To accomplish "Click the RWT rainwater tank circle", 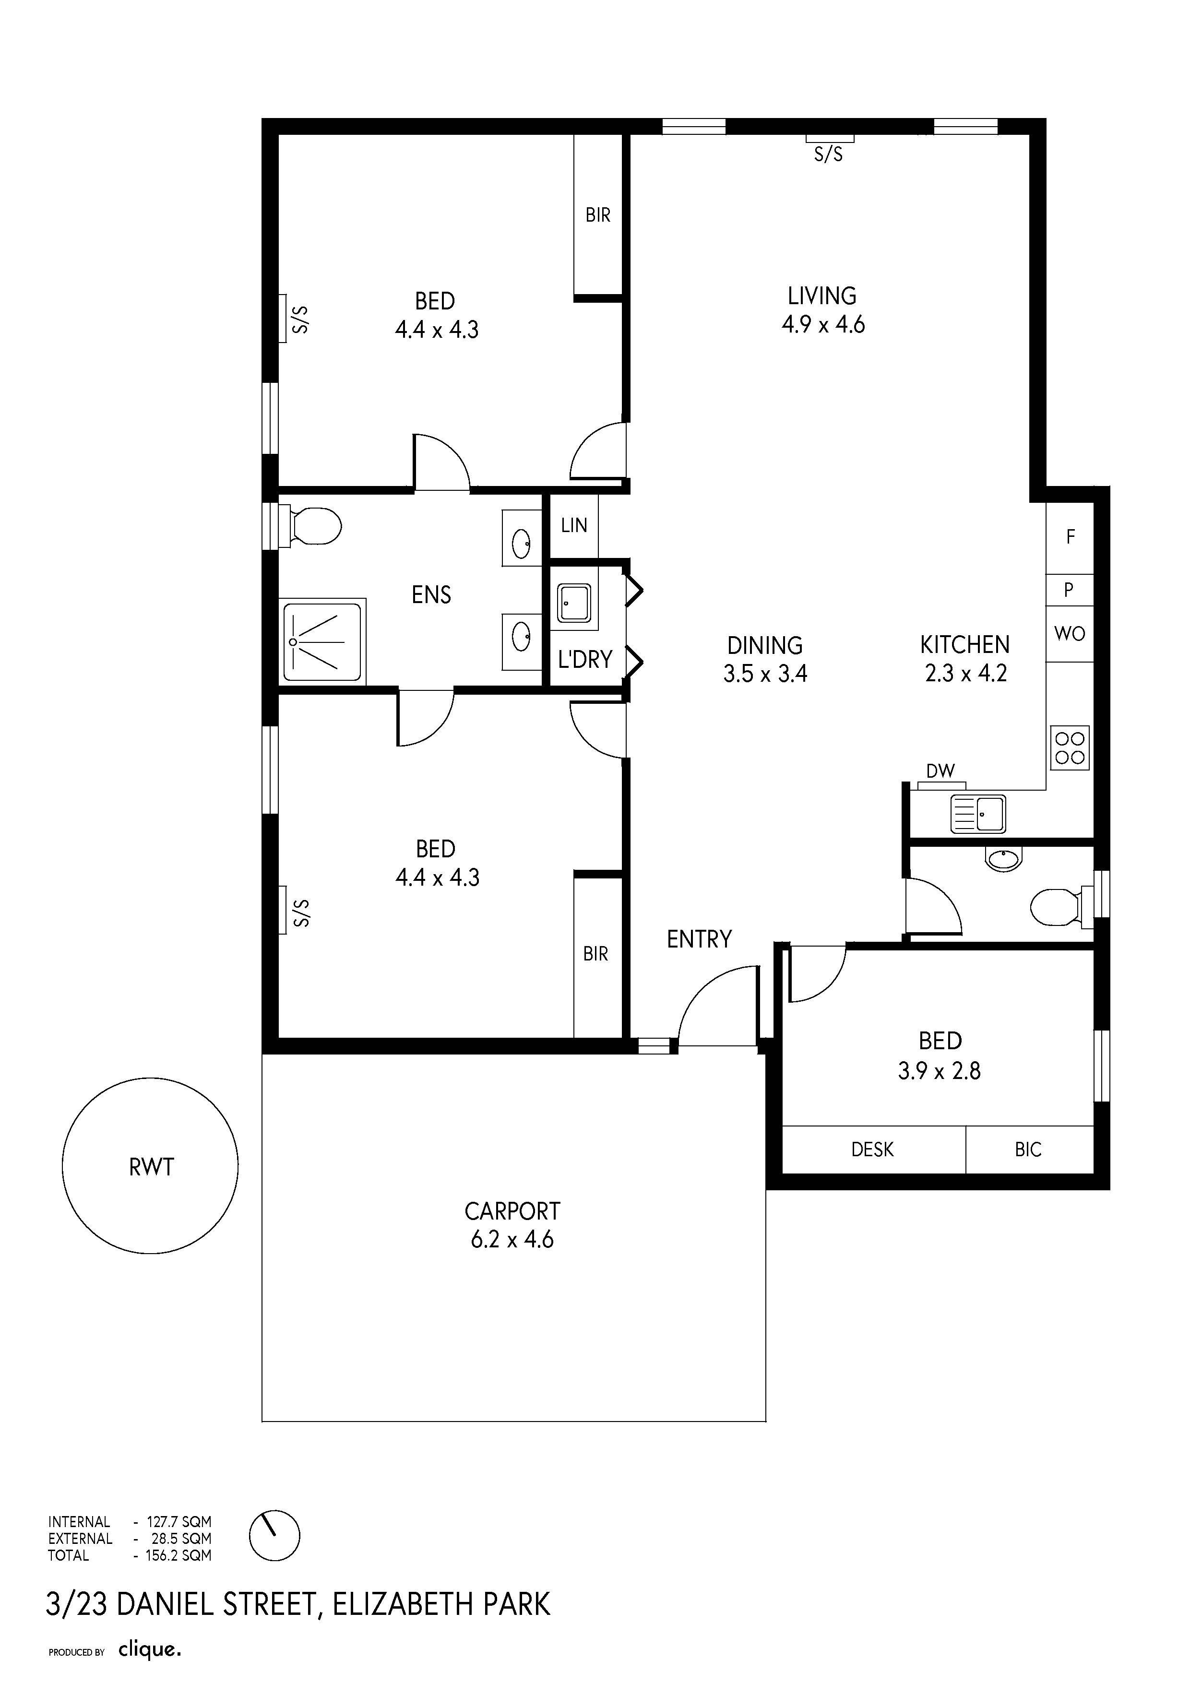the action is pyautogui.click(x=62, y=1165).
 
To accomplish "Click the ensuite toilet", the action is pyautogui.click(x=311, y=525).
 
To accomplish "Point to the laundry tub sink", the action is pyautogui.click(x=574, y=603).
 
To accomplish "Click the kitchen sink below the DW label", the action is pyautogui.click(x=978, y=814).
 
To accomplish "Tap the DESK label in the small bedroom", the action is pyautogui.click(x=872, y=1150).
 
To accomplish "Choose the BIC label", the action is pyautogui.click(x=1028, y=1150).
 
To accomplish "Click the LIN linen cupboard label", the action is pyautogui.click(x=574, y=525).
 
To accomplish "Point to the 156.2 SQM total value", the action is pyautogui.click(x=178, y=1555).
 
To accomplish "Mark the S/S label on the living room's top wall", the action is pyautogui.click(x=829, y=154).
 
